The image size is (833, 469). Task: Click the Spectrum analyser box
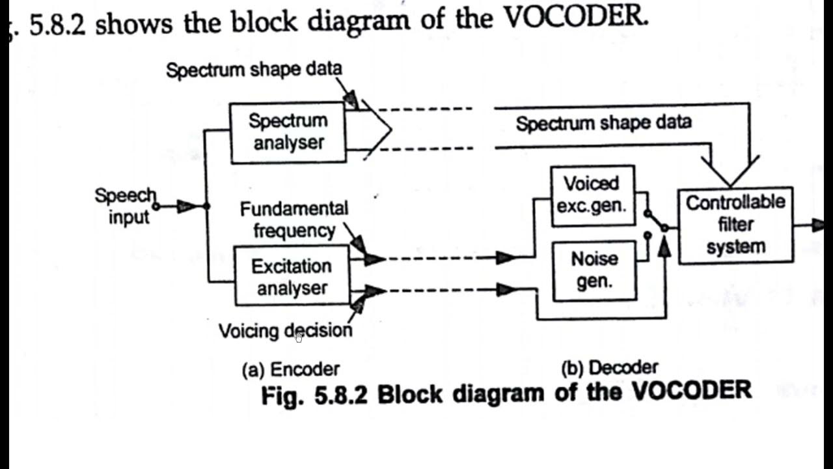[x=288, y=132]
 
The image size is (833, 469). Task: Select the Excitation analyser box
[x=292, y=276]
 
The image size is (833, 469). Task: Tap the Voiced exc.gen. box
[x=592, y=195]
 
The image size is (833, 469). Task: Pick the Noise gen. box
[x=594, y=270]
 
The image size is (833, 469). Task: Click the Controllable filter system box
[x=735, y=225]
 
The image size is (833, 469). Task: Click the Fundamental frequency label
[x=294, y=220]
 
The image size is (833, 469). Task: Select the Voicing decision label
[x=285, y=331]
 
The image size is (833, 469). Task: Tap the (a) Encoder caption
[x=290, y=369]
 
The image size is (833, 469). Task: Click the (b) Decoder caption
[x=609, y=368]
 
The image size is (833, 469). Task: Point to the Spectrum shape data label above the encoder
[x=254, y=70]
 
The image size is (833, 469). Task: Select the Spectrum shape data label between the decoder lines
[x=603, y=123]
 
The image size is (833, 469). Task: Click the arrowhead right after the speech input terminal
[x=186, y=206]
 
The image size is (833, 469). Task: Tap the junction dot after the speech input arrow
[x=207, y=206]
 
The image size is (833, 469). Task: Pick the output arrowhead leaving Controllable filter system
[x=816, y=225]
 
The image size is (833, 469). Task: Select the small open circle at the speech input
[x=156, y=206]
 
